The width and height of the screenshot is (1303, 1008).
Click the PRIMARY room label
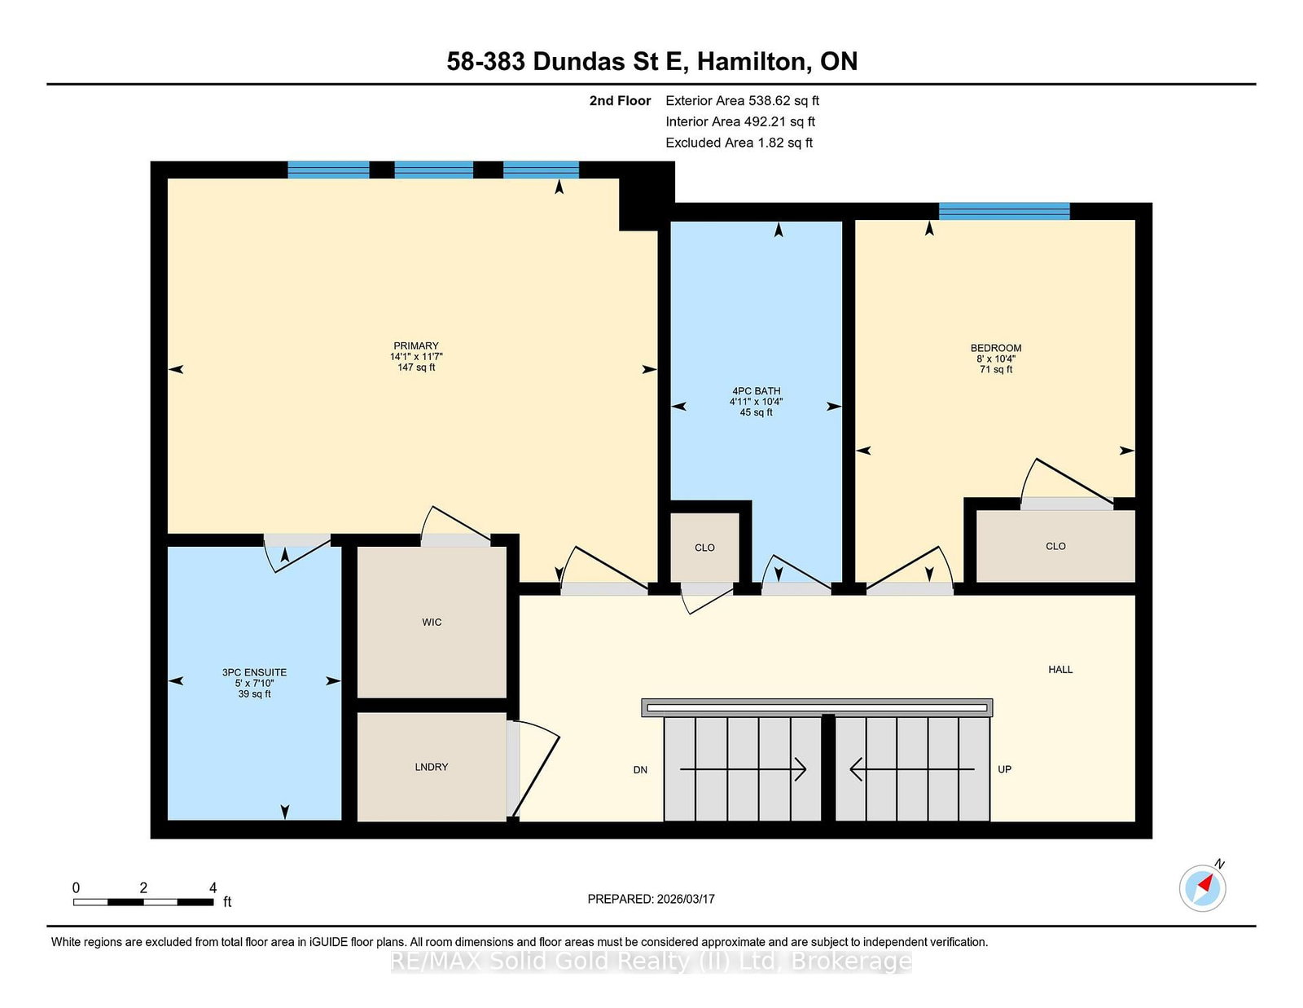coord(415,346)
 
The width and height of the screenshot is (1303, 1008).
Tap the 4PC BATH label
coord(756,391)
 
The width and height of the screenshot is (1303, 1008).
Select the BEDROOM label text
coord(995,348)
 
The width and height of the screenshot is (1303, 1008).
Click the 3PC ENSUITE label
coord(254,673)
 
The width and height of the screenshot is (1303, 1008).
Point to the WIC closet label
coord(432,623)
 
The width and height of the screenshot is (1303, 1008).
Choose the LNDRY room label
coord(431,767)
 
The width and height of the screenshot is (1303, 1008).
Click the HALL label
coord(1060,670)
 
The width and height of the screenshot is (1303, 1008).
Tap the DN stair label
coord(640,770)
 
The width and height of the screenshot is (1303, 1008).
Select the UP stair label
coord(1004,769)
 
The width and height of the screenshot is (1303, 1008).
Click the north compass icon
coord(1202,887)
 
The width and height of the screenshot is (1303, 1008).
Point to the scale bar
coord(143,902)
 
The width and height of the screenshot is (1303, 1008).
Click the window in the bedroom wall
coord(1003,211)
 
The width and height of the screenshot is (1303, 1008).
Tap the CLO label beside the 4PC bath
coord(704,548)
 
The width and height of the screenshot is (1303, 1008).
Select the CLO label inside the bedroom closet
coord(1055,547)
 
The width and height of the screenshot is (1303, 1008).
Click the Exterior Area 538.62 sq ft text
coord(742,101)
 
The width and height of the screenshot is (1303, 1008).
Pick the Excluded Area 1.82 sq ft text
coord(739,143)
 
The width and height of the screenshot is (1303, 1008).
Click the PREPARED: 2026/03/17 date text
coord(651,899)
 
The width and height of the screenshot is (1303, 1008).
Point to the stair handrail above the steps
coord(817,707)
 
